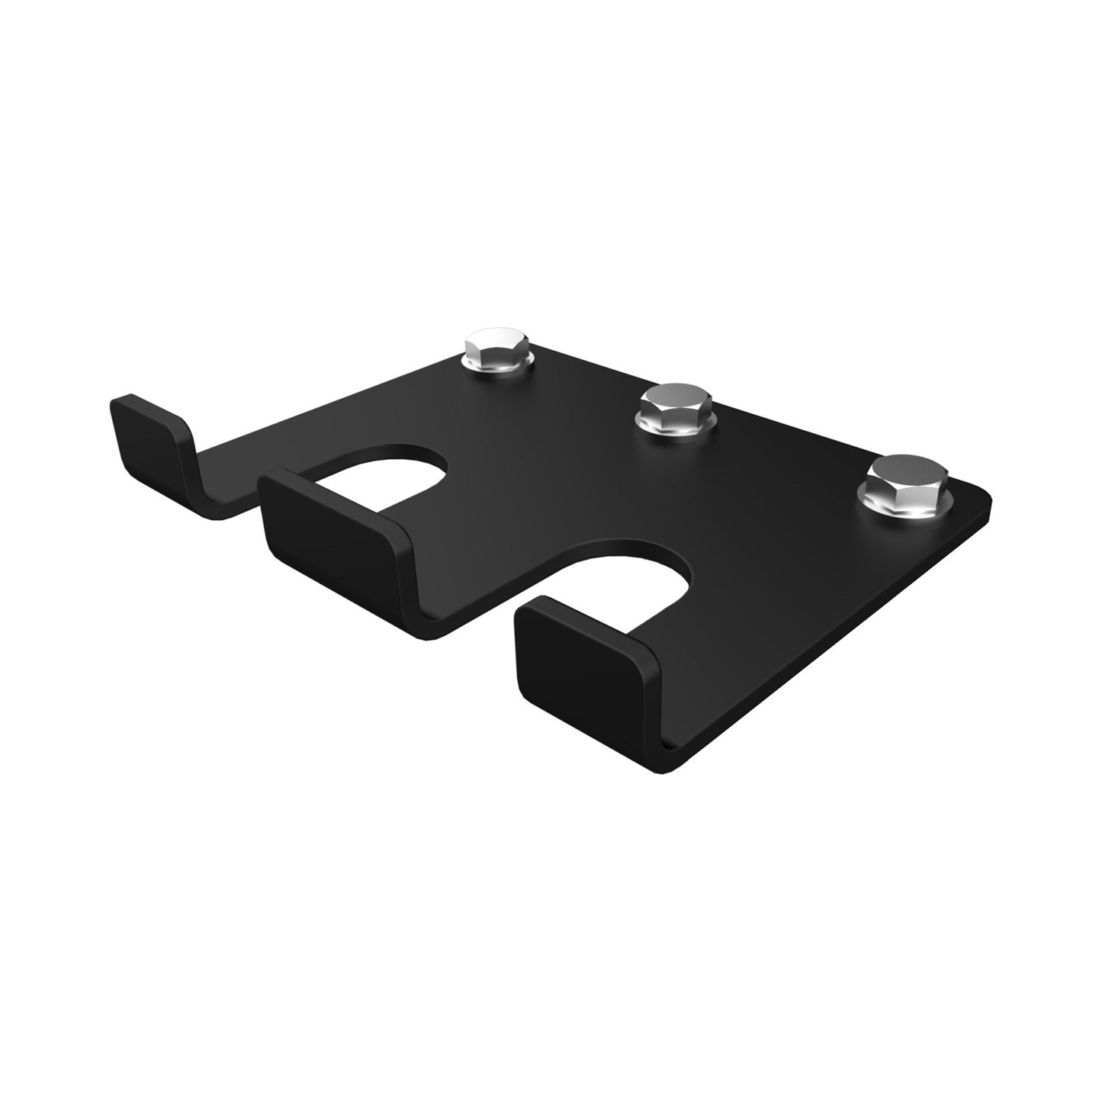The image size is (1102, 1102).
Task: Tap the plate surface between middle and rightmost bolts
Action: pos(778,458)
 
